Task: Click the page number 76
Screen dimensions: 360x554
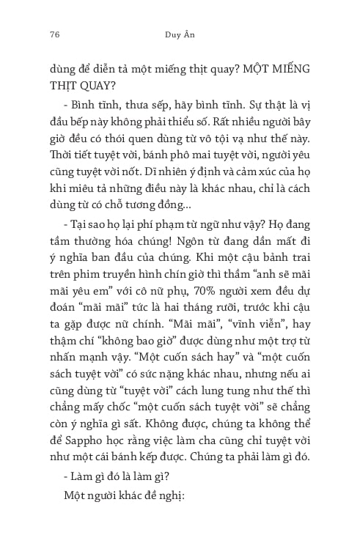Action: coord(54,34)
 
